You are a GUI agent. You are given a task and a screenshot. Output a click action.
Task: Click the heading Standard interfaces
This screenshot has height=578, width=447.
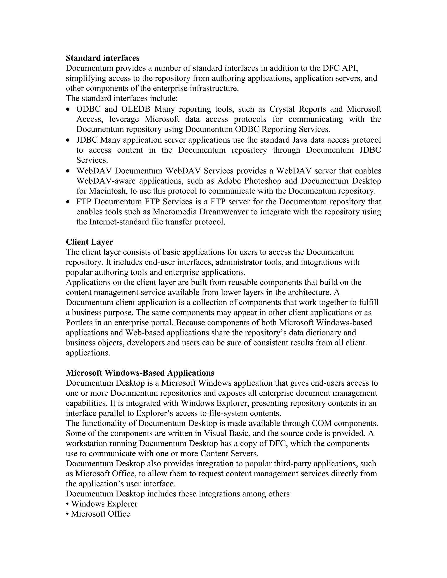[x=103, y=58]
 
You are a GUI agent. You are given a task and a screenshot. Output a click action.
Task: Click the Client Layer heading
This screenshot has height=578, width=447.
[x=89, y=242]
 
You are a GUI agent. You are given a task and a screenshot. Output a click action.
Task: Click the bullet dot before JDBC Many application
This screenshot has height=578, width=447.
[x=68, y=140]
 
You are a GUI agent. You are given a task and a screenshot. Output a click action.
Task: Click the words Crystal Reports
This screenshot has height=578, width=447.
[x=298, y=109]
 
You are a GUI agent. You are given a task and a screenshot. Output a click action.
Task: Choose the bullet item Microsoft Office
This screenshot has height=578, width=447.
[x=101, y=514]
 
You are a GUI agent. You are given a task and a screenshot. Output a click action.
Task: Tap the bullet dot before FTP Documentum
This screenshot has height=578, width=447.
[x=68, y=202]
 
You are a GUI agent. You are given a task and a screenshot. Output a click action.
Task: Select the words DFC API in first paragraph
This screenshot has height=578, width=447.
[x=340, y=68]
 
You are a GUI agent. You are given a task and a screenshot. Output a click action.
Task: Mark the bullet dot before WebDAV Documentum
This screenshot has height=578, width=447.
[x=68, y=171]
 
